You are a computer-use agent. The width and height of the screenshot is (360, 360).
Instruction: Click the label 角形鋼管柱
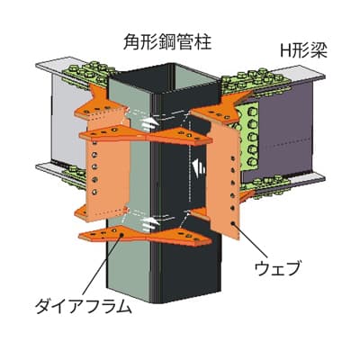coord(167,42)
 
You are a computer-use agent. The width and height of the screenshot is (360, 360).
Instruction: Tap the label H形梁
coord(303,51)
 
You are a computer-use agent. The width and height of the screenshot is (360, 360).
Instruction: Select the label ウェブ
coord(277,268)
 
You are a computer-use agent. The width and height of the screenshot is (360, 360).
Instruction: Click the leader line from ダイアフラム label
coord(102,265)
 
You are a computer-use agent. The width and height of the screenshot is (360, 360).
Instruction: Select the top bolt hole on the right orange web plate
coord(232,157)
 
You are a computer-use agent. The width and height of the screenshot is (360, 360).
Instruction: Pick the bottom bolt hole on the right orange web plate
coord(233,223)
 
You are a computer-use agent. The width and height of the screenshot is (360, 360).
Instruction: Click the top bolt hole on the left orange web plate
coord(94,143)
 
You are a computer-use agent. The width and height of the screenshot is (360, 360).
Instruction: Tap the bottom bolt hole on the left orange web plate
coord(94,192)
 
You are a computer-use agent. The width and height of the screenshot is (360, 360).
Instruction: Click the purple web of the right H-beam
coord(286,132)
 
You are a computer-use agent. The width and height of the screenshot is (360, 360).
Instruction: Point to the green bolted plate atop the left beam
coord(87,75)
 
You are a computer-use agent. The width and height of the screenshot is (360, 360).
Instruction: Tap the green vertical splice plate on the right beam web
coord(247,138)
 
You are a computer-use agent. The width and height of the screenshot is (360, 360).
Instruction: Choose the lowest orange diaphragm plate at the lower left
coord(145,236)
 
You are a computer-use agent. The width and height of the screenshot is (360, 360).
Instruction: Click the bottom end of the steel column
coord(164,297)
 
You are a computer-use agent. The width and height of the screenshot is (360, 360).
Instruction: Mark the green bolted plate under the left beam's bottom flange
coord(74,177)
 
